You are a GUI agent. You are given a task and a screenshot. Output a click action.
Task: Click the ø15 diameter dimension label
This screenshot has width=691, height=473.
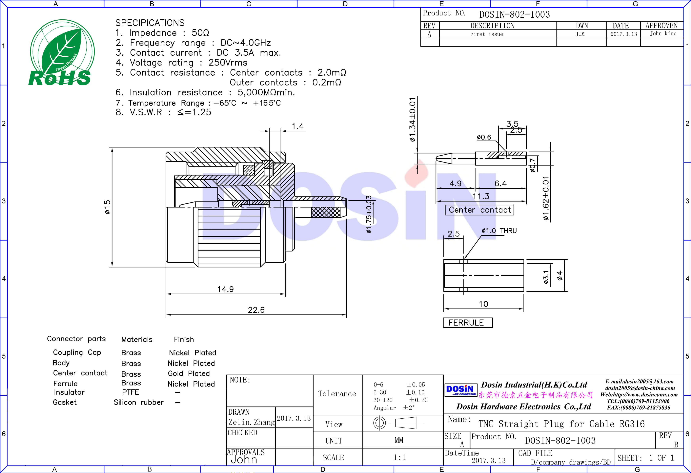(107, 207)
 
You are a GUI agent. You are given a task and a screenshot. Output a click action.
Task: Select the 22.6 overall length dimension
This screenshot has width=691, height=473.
(256, 310)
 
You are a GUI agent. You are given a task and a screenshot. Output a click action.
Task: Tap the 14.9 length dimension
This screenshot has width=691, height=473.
(225, 289)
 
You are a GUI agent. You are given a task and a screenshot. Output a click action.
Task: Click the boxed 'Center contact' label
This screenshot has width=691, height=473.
(479, 210)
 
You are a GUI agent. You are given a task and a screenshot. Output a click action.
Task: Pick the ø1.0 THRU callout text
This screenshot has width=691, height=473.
(499, 231)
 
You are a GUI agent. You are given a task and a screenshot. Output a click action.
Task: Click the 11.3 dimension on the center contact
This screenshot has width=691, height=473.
(481, 196)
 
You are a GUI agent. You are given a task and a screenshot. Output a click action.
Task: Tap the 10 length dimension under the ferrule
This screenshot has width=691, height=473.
(483, 304)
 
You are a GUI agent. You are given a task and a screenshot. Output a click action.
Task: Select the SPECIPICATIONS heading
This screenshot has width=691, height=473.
(150, 23)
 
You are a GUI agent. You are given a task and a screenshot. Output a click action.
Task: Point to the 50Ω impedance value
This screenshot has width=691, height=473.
(200, 33)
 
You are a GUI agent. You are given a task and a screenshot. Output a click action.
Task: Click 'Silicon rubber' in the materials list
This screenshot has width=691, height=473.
(139, 402)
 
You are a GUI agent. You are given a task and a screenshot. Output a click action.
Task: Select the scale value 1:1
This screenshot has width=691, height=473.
(400, 457)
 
